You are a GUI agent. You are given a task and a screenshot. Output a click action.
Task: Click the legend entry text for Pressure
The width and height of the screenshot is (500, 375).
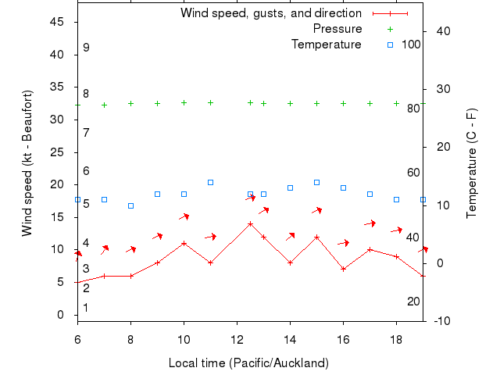coord(337,29)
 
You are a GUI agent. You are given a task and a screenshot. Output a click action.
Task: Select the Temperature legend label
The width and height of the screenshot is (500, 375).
coord(326,44)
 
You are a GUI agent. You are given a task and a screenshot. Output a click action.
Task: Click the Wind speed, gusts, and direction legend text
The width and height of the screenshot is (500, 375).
coord(270,13)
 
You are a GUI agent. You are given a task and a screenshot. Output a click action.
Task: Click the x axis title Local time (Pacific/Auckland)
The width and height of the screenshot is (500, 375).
coord(248,363)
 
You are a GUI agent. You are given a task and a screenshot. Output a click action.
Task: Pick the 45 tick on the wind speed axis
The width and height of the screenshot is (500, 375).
coord(57,22)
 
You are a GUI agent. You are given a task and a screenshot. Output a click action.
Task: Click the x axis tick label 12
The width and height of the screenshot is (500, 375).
coord(237,339)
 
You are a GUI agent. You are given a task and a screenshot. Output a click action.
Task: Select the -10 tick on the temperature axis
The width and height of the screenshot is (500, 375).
coord(441,321)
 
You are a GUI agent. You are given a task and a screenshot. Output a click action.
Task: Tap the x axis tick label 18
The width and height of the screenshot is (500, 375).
coord(396,339)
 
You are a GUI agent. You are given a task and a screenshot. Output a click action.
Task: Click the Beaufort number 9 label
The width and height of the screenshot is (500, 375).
coord(86,48)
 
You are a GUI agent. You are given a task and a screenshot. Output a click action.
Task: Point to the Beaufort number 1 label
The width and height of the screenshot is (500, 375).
coord(86,308)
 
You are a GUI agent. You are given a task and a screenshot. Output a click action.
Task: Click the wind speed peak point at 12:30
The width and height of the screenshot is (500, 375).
coord(250,223)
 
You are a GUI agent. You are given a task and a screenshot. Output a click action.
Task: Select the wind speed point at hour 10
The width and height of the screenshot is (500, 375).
coord(184,243)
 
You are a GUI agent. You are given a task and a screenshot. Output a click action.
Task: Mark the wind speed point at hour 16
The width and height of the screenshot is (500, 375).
coord(343,269)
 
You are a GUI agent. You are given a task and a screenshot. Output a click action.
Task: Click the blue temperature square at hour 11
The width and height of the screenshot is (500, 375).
coord(210,182)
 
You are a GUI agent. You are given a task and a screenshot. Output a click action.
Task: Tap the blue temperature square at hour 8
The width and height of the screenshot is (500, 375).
coord(130,205)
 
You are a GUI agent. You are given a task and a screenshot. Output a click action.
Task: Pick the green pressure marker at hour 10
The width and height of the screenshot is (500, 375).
coord(184,102)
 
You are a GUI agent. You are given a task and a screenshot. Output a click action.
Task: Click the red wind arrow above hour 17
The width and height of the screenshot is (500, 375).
coord(370,223)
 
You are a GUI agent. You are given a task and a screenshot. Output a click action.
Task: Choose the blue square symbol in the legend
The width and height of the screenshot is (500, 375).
coord(390,45)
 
